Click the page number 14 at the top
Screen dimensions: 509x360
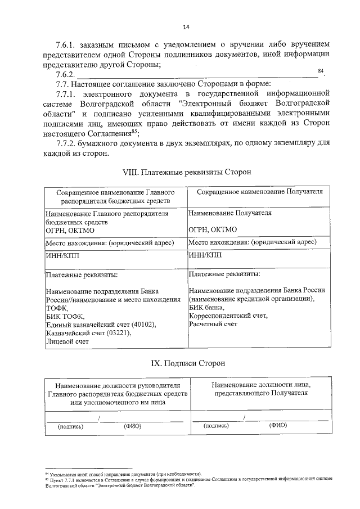pos(186,27)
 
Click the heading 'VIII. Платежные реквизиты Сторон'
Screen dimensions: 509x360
pos(186,171)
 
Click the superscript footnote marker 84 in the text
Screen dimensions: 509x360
pos(321,71)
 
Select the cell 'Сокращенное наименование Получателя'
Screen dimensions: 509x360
pos(259,191)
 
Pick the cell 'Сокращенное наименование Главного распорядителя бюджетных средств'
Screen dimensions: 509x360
pos(115,196)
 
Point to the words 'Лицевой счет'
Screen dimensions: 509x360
pos(67,341)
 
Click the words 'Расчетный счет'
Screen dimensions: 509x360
pos(213,325)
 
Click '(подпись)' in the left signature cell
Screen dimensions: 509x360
pos(71,426)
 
